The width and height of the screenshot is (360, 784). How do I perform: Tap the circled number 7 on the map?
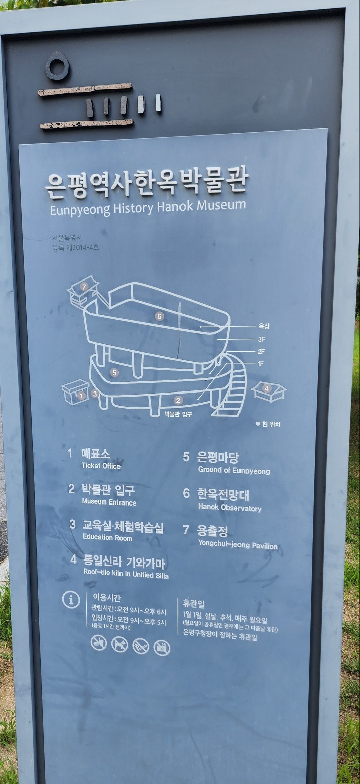(84, 287)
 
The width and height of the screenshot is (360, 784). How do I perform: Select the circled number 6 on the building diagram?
(160, 316)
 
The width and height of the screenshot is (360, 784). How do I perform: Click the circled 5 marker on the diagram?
(114, 373)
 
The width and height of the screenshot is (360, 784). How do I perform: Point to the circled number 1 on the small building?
(82, 396)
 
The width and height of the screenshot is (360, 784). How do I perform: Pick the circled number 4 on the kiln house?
(267, 388)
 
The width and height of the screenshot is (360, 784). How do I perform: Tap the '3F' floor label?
(261, 339)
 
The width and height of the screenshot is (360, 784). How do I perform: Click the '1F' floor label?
(261, 364)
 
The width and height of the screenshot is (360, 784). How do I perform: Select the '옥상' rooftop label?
(264, 326)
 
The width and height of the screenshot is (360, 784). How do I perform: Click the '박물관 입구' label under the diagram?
(178, 414)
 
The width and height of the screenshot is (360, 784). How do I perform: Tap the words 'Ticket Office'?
(101, 466)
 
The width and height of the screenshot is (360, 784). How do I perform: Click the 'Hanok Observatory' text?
(229, 508)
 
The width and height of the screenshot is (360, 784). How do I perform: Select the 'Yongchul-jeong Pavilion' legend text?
(237, 546)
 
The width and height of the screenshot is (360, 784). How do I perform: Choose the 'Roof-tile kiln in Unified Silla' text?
(126, 575)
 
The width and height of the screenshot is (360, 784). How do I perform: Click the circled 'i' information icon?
(71, 600)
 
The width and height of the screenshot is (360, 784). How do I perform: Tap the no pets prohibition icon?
(119, 644)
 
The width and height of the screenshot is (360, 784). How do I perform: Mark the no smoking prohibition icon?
(140, 646)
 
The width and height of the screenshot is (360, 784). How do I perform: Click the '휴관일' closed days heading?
(194, 604)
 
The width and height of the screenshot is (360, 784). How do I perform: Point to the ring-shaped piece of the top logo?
(57, 67)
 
